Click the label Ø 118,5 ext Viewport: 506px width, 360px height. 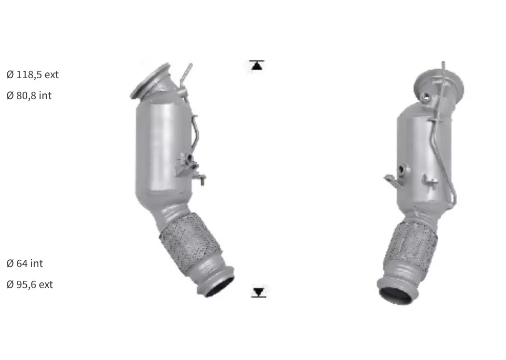33,75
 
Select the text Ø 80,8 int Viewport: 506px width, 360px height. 29,96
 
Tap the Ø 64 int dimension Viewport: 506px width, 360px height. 25,263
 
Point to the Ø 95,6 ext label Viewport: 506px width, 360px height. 30,284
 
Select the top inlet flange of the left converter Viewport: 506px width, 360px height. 150,81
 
